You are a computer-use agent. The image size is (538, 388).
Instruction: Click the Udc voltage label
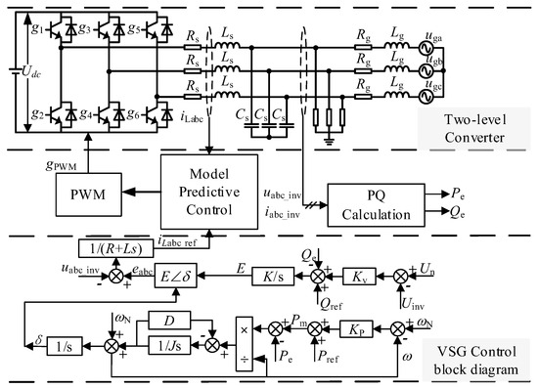[x=23, y=71]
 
